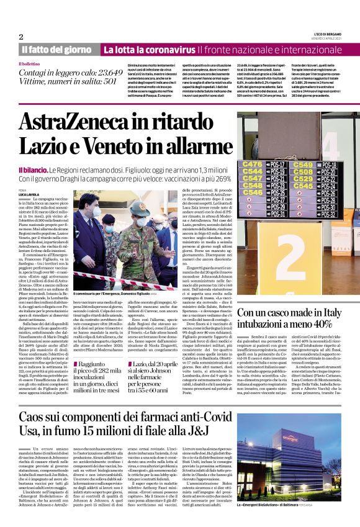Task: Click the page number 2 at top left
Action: pos(20,37)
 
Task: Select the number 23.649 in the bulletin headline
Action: pos(103,71)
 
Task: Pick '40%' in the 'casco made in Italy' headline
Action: pos(320,323)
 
